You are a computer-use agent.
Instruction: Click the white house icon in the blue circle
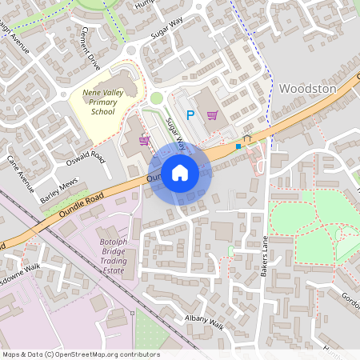point(180,171)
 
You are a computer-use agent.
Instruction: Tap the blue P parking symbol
point(190,115)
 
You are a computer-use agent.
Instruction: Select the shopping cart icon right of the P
point(212,114)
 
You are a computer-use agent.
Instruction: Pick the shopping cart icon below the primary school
point(145,141)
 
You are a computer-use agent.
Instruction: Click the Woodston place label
point(308,89)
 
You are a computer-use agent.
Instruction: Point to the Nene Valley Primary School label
point(103,102)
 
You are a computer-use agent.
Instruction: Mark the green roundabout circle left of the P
point(157,98)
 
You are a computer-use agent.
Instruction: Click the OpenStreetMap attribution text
point(80,354)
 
